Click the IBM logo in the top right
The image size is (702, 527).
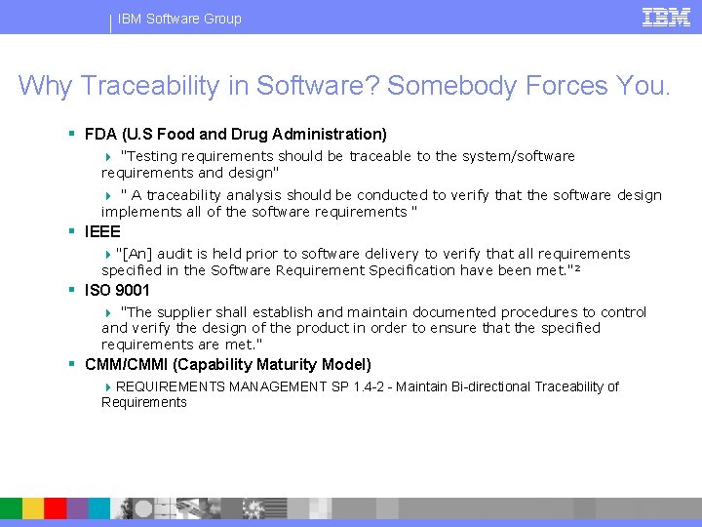tap(667, 17)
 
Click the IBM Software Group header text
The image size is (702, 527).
tap(179, 19)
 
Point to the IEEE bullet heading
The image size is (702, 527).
tap(102, 231)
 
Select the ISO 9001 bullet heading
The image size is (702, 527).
tap(117, 290)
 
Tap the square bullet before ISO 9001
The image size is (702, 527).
tap(72, 290)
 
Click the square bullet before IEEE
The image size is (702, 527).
tap(72, 231)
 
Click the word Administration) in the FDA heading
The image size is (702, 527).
tap(335, 134)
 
